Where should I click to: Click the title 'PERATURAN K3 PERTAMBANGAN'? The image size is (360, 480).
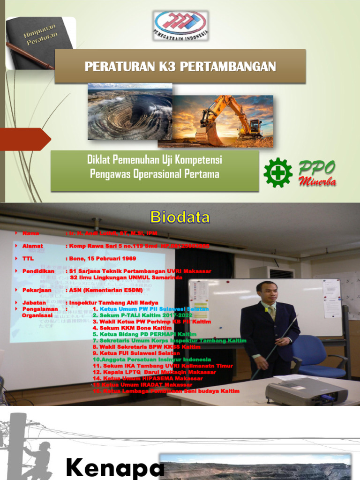[180, 67]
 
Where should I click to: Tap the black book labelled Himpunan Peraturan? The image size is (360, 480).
[40, 42]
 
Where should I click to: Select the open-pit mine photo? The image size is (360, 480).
[130, 112]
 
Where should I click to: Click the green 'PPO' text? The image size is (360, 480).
[317, 167]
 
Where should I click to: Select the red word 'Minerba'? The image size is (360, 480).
[318, 182]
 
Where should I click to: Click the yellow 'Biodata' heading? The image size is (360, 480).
[180, 217]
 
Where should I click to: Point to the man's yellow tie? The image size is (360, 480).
[272, 313]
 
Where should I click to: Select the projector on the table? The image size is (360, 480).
[306, 392]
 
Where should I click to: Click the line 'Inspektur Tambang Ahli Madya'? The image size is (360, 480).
[113, 303]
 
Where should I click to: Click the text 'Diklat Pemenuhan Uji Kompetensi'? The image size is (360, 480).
[155, 160]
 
